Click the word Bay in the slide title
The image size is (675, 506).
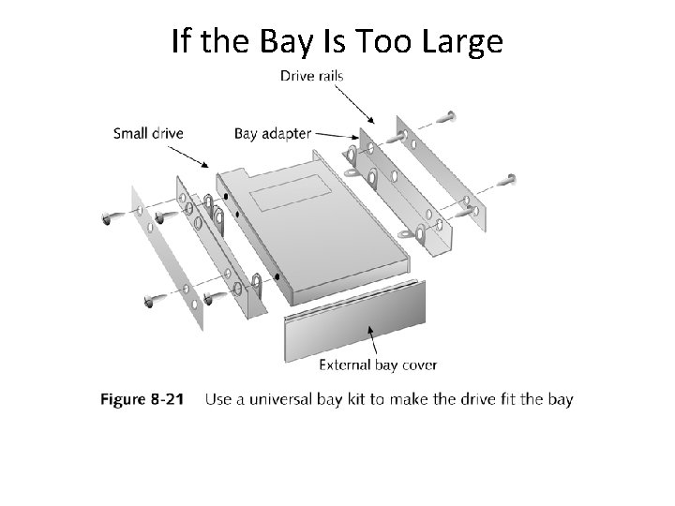coord(293,40)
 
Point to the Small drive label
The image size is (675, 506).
coord(148,133)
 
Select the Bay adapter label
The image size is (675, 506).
coord(273,133)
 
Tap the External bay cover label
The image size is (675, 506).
coord(378,364)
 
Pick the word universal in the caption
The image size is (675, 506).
coord(287,399)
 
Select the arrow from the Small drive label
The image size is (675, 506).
coord(197,156)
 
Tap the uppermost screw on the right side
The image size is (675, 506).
coord(440,117)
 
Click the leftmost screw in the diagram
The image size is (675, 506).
coord(110,219)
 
